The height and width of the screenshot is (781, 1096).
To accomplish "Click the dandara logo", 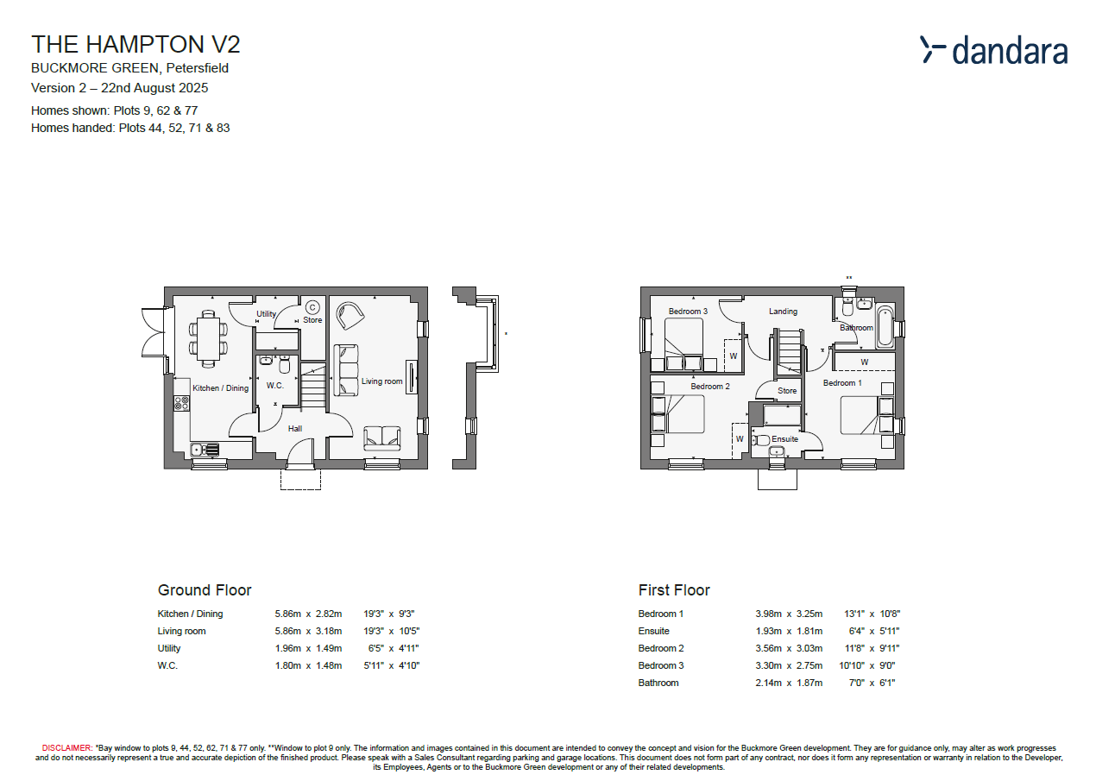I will coord(993,51).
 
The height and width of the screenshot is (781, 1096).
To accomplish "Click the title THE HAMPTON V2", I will coord(135,45).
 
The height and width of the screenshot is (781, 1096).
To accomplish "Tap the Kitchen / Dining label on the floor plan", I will coord(220,388).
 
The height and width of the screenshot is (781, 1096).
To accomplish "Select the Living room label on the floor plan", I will coord(381,381).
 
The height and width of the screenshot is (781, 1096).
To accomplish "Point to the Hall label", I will coord(295,428).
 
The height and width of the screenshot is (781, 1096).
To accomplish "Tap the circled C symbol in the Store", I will coord(312,307).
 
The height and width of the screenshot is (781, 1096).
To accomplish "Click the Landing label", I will coord(784,312).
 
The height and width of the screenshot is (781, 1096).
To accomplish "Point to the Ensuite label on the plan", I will coord(785,438).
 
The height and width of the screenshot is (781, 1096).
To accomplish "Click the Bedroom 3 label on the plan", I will coord(688,312).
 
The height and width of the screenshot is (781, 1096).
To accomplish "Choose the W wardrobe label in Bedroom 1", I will coord(864,362).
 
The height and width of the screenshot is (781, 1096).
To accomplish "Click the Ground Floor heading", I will coord(205,590).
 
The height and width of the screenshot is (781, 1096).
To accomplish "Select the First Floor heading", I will coord(674,590).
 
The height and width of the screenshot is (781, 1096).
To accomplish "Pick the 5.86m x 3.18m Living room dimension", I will coord(308,631).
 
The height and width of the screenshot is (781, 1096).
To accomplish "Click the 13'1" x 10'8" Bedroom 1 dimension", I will coord(872,614).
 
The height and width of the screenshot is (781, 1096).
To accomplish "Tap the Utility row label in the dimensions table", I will coord(169,648).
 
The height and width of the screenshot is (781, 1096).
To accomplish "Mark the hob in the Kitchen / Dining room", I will coord(181,402).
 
